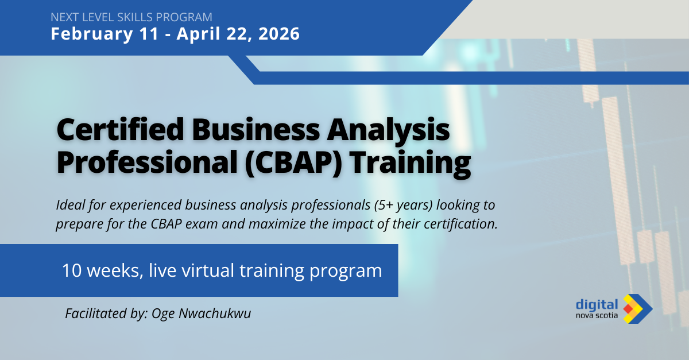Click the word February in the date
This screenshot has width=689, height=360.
coord(92,34)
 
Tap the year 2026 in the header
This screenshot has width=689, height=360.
coord(279,33)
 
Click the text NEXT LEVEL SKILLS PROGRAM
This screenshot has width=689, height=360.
coord(131,17)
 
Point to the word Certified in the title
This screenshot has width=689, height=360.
coord(121,130)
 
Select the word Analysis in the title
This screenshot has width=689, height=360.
coord(388,131)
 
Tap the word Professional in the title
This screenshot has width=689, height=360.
coord(147,163)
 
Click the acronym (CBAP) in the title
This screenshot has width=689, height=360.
coord(294,164)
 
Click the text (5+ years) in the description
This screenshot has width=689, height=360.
coord(404,205)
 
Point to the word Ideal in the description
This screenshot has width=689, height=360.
coord(71,205)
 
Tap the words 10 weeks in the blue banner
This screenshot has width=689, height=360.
coord(102,271)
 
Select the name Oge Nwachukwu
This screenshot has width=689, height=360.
coord(201,313)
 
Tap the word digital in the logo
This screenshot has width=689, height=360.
coord(597,305)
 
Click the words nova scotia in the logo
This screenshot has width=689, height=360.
coord(597,315)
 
